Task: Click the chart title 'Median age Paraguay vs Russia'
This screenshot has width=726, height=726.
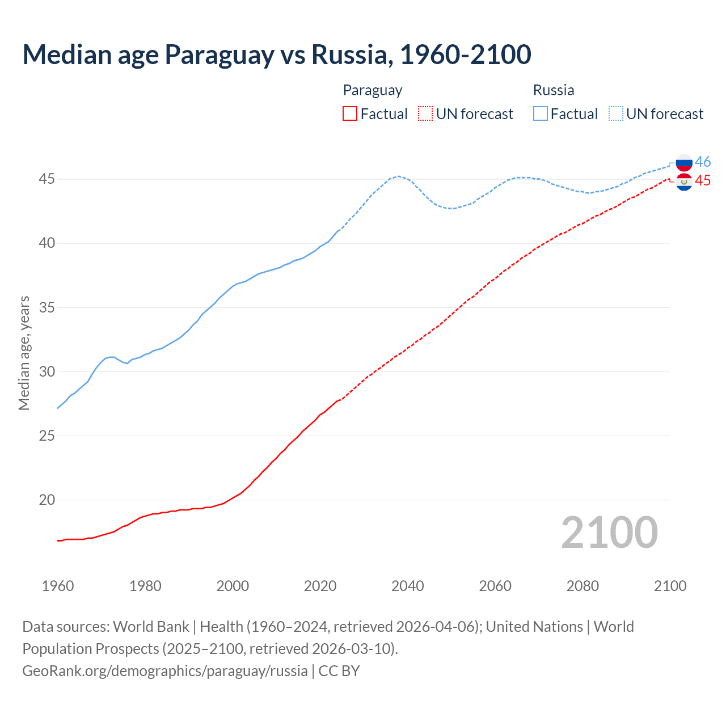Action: click(x=277, y=54)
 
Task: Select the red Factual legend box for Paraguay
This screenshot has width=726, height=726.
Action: click(x=350, y=114)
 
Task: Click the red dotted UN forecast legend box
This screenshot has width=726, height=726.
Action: click(x=425, y=114)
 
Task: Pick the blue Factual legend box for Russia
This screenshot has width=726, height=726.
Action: click(x=541, y=114)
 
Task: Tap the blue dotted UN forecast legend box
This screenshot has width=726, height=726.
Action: click(x=616, y=114)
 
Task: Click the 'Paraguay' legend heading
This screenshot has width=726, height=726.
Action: click(x=373, y=90)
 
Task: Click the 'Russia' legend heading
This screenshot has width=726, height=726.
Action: click(x=554, y=90)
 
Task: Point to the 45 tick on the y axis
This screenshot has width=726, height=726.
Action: click(x=47, y=179)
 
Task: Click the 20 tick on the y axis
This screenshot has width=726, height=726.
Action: click(x=47, y=500)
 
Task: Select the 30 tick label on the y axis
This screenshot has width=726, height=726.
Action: click(x=47, y=372)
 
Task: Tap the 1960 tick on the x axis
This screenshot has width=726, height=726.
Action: click(x=58, y=586)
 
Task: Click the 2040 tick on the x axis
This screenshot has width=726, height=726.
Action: click(x=407, y=586)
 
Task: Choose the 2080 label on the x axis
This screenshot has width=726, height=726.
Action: click(x=583, y=586)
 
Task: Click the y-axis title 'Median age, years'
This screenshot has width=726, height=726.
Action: click(x=24, y=353)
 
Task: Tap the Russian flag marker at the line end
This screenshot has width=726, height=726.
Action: click(x=684, y=163)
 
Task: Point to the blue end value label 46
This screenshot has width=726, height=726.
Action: click(x=703, y=162)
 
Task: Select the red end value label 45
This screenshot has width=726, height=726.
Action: click(x=703, y=181)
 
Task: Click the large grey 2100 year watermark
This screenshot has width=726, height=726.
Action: click(x=609, y=533)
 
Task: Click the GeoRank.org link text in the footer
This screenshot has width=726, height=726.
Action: click(x=164, y=671)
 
